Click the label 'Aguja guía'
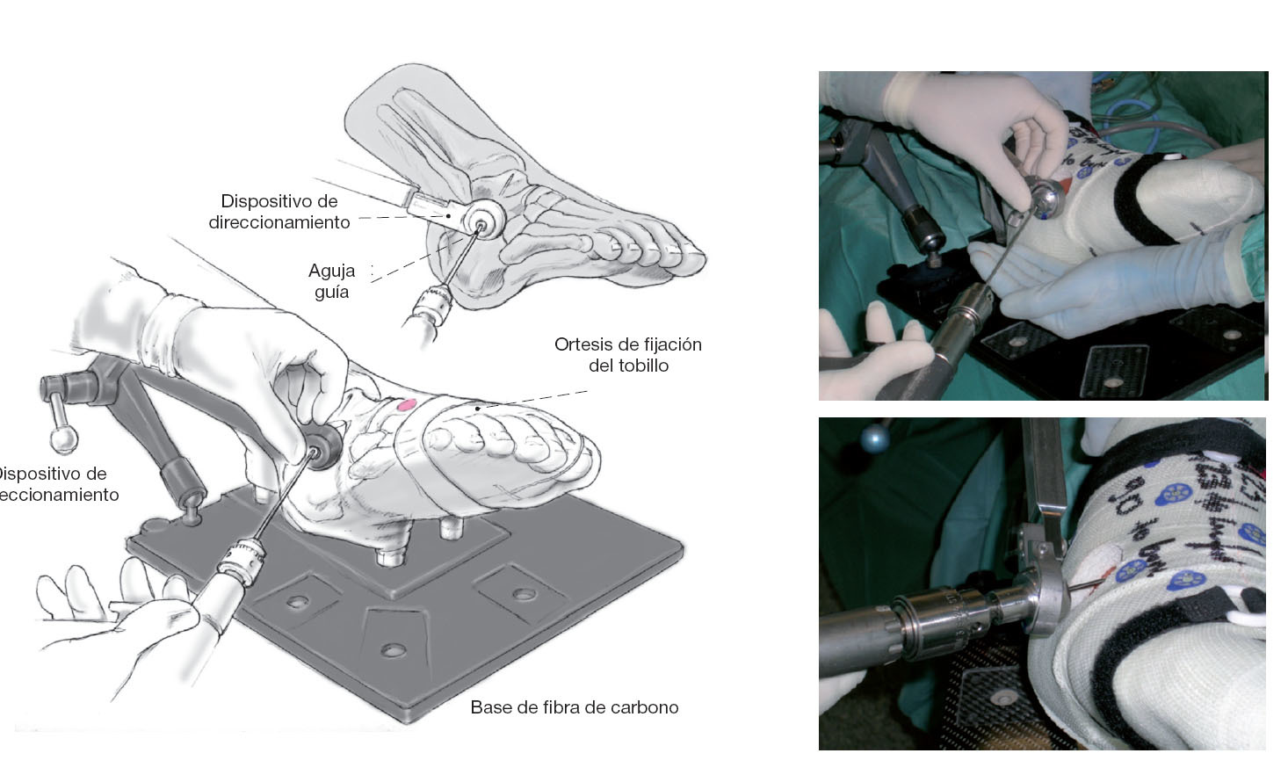coord(331,281)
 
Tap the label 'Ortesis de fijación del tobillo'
coord(627,355)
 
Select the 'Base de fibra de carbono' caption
coord(574,707)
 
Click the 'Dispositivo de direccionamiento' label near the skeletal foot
coord(280,212)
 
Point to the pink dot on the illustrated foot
coord(406,405)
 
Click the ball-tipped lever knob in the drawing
coord(62,437)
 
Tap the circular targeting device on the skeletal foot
coord(481,218)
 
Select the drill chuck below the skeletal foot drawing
coord(428,308)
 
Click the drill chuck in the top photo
coord(966,312)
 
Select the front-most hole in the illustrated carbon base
coord(393,650)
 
